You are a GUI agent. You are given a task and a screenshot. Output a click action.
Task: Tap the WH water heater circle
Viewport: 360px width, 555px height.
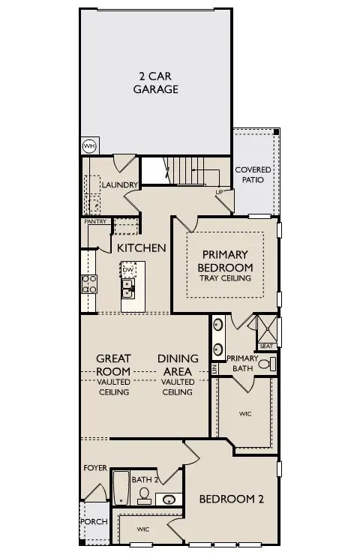89,145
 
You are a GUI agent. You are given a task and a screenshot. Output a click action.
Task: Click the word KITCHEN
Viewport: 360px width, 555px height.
141,247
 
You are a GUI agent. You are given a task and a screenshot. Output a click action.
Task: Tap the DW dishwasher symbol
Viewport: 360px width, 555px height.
128,269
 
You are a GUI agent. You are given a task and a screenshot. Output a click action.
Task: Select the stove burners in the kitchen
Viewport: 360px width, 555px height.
88,283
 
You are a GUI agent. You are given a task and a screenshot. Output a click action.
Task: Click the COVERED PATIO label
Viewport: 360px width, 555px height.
253,175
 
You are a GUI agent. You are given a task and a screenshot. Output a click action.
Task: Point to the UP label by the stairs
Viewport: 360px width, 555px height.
219,192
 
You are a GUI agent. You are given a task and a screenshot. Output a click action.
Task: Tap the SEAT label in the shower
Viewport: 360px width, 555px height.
266,346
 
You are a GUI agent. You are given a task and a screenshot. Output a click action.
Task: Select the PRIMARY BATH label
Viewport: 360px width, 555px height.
242,363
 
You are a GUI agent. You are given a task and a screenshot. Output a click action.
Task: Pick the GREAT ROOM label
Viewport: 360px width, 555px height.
113,364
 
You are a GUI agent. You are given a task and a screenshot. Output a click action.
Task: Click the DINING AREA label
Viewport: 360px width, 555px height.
178,364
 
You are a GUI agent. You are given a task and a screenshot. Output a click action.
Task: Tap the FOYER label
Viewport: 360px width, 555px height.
96,467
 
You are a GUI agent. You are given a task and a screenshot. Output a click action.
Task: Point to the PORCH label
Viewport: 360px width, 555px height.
93,521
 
